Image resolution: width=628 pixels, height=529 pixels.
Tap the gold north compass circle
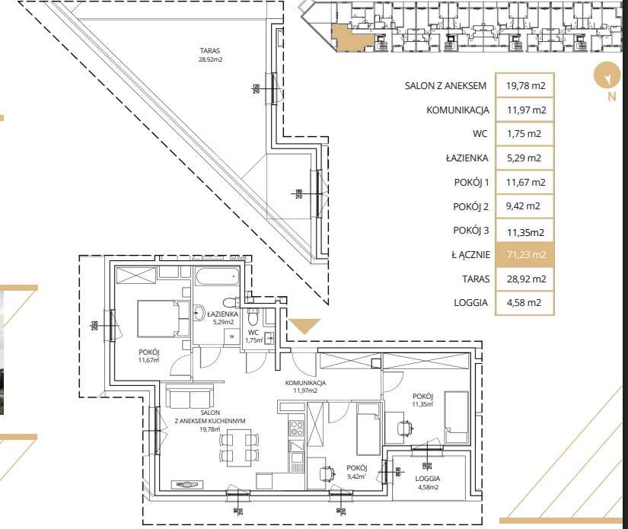click(607, 77)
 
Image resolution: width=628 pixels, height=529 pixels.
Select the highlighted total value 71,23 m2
click(525, 255)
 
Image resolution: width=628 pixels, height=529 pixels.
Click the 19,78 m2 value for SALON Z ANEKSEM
click(525, 85)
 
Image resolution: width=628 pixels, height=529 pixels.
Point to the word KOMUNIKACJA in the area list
click(457, 110)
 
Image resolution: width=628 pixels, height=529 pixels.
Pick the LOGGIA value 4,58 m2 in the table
click(525, 302)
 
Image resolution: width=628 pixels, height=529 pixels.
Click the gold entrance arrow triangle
click(308, 326)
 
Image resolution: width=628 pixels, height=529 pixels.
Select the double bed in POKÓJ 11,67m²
click(163, 317)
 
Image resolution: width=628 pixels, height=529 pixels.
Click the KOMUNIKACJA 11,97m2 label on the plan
click(305, 387)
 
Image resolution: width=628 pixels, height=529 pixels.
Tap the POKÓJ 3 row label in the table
click(470, 231)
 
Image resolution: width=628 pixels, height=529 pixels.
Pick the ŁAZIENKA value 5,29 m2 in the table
click(525, 158)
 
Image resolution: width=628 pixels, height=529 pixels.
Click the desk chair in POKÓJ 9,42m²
click(328, 473)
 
